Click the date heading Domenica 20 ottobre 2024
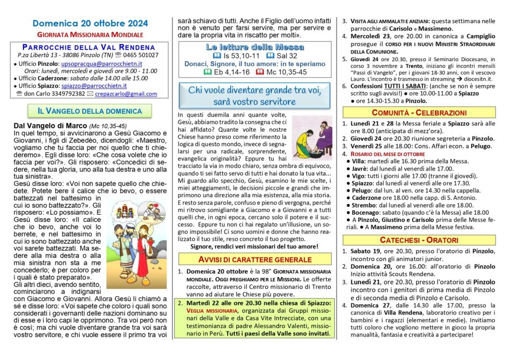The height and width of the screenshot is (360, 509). coord(89,24)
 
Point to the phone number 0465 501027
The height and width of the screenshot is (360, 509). coord(141,55)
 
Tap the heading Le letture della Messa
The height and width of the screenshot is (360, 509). coord(255,47)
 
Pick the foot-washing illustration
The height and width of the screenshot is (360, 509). coord(312,138)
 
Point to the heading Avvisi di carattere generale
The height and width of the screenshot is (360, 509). coord(254,260)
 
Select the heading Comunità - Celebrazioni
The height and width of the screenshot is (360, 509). coord(419,113)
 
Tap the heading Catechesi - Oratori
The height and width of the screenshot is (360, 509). coord(419,240)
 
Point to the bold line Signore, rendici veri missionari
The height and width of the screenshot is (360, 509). coord(254,246)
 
